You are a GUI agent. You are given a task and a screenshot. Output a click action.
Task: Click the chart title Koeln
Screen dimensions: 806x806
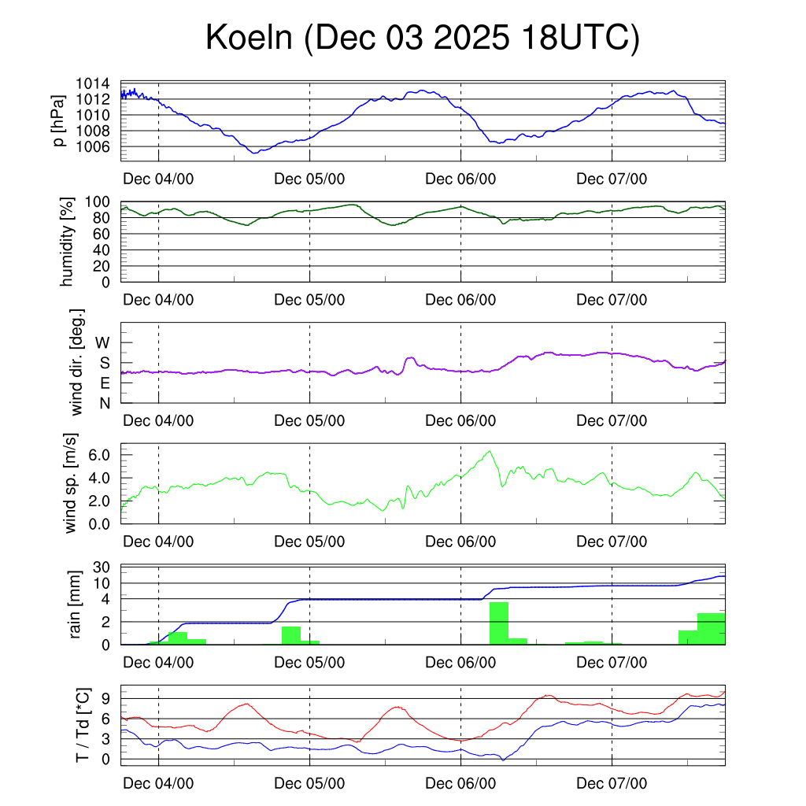click(422, 39)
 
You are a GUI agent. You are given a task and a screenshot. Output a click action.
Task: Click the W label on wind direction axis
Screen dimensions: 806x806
click(103, 342)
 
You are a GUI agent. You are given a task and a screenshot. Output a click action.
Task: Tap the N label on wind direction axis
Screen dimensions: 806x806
click(104, 403)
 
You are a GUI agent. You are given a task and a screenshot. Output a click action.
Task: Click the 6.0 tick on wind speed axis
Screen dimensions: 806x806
click(101, 455)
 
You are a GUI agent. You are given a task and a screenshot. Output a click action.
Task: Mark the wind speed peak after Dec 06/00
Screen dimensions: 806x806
click(490, 451)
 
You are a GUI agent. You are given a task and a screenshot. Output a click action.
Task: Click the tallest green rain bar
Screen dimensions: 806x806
click(499, 623)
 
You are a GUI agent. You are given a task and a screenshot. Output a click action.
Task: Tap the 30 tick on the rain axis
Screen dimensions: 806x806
click(103, 568)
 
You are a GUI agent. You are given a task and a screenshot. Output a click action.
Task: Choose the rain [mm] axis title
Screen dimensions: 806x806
click(76, 605)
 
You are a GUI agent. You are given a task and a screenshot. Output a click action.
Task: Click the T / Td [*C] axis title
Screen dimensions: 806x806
click(81, 725)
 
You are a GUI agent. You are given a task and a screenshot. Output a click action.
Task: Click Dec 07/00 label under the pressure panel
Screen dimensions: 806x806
click(612, 179)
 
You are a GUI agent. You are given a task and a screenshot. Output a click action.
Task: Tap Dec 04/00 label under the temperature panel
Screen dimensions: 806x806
click(158, 783)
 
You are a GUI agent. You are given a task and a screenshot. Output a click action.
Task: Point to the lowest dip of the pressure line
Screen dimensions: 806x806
click(253, 153)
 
